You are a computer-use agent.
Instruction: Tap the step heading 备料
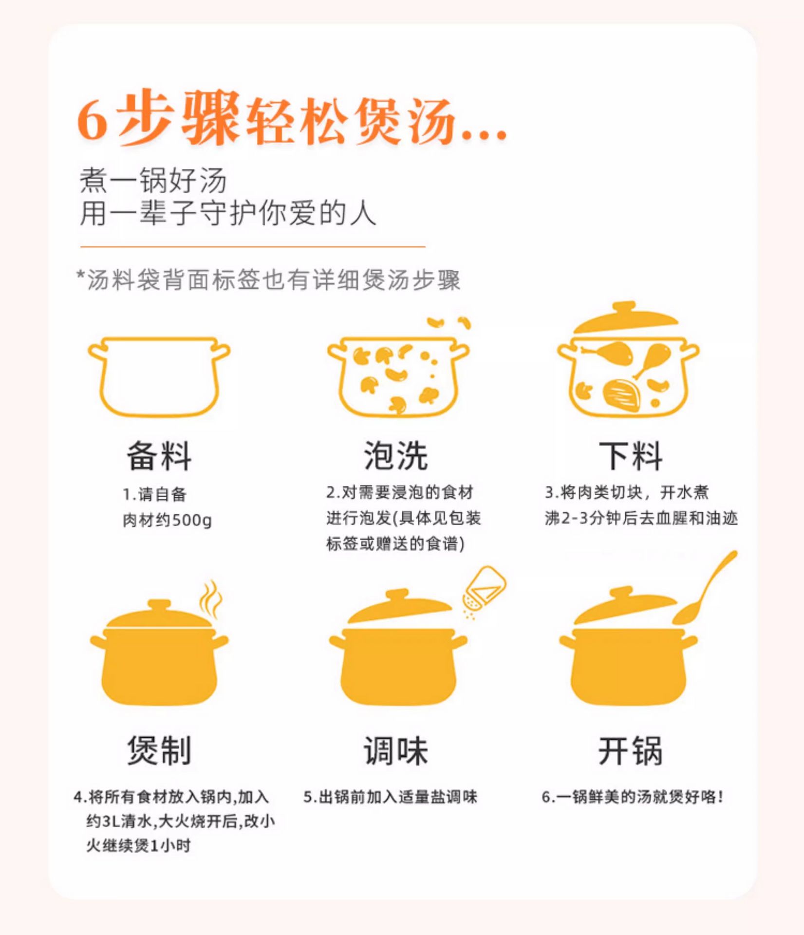click(159, 456)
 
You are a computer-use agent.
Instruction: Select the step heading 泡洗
click(396, 456)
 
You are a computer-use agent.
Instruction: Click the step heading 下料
click(631, 456)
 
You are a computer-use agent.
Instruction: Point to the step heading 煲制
click(159, 750)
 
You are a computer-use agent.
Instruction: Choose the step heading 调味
click(396, 750)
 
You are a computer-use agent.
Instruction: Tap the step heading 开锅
click(631, 750)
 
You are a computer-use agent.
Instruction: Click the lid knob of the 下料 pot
click(624, 307)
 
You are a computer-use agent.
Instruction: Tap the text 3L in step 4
click(109, 822)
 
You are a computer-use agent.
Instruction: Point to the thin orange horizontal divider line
click(253, 247)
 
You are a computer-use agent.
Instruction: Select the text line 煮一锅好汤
click(153, 180)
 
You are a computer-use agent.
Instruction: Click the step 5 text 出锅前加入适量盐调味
click(398, 797)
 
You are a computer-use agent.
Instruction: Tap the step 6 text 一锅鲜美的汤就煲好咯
click(640, 797)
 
